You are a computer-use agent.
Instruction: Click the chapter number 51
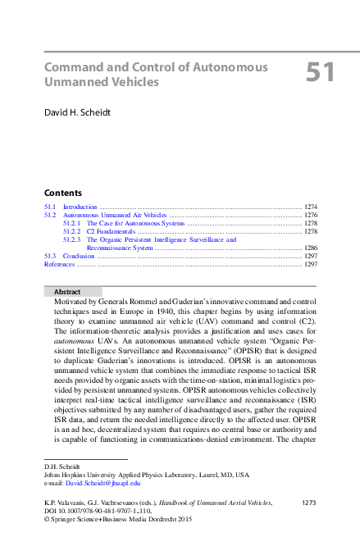pos(321,72)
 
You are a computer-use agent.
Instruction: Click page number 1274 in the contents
pos(310,206)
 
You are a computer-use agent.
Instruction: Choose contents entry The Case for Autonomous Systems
pos(136,223)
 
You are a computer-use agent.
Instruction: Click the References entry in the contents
pos(59,265)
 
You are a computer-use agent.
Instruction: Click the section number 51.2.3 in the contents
pos(72,239)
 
